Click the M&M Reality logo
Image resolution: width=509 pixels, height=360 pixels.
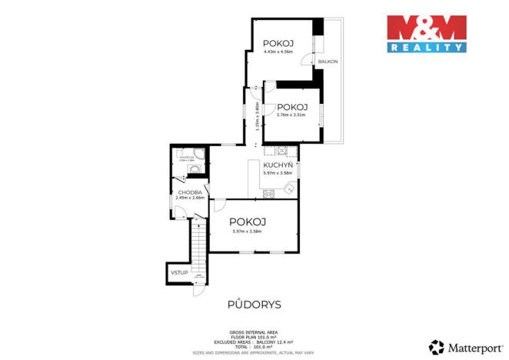pos(426,34)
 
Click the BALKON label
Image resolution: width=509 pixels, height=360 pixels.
pos(328,61)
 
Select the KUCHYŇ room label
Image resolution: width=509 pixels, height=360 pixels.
pos(277,165)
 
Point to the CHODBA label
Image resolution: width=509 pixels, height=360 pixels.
pos(190,192)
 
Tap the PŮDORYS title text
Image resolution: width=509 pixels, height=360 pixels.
pos(254,305)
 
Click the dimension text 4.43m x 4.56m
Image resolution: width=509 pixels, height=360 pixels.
pos(278,52)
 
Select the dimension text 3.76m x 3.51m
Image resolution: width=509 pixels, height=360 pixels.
pos(291,115)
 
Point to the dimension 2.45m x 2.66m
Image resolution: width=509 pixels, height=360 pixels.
pos(190,198)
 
